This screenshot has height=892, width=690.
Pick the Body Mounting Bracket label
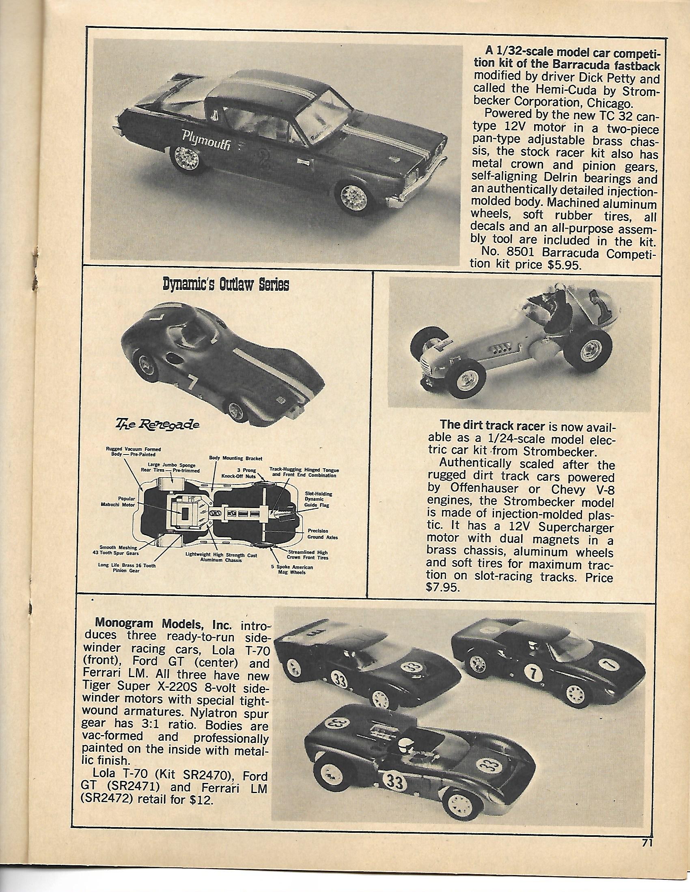pos(235,458)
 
